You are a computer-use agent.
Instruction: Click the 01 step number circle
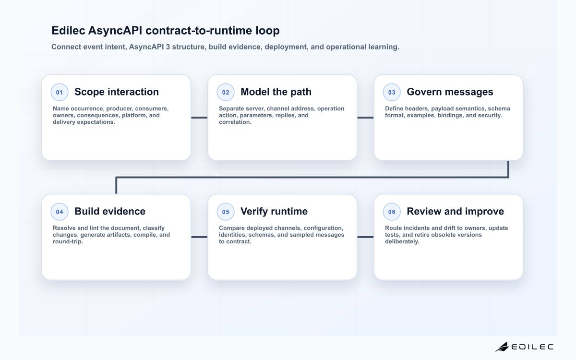[x=60, y=92]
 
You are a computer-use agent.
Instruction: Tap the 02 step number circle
[x=226, y=92]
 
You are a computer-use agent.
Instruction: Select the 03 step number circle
[x=392, y=92]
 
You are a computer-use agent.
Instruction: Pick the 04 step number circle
[x=60, y=212]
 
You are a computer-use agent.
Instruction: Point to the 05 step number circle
[x=226, y=212]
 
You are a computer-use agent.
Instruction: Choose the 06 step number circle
[x=392, y=212]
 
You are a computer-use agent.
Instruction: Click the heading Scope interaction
[x=117, y=92]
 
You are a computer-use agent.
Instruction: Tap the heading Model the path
[x=276, y=92]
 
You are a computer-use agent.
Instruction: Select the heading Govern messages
[x=450, y=92]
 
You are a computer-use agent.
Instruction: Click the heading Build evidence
[x=110, y=211]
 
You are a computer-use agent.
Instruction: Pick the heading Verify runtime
[x=274, y=211]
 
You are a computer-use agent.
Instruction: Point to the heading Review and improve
[x=455, y=211]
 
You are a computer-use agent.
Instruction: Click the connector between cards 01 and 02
[x=199, y=118]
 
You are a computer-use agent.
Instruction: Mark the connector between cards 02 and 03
[x=365, y=118]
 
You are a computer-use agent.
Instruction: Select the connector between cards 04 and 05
[x=199, y=237]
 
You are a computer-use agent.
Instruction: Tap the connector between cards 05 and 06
[x=365, y=237]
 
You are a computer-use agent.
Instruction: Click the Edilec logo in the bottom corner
[x=524, y=347]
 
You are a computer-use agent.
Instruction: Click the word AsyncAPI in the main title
[x=115, y=31]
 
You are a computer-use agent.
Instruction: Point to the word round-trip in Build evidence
[x=68, y=241]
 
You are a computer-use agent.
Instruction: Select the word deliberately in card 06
[x=402, y=241]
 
